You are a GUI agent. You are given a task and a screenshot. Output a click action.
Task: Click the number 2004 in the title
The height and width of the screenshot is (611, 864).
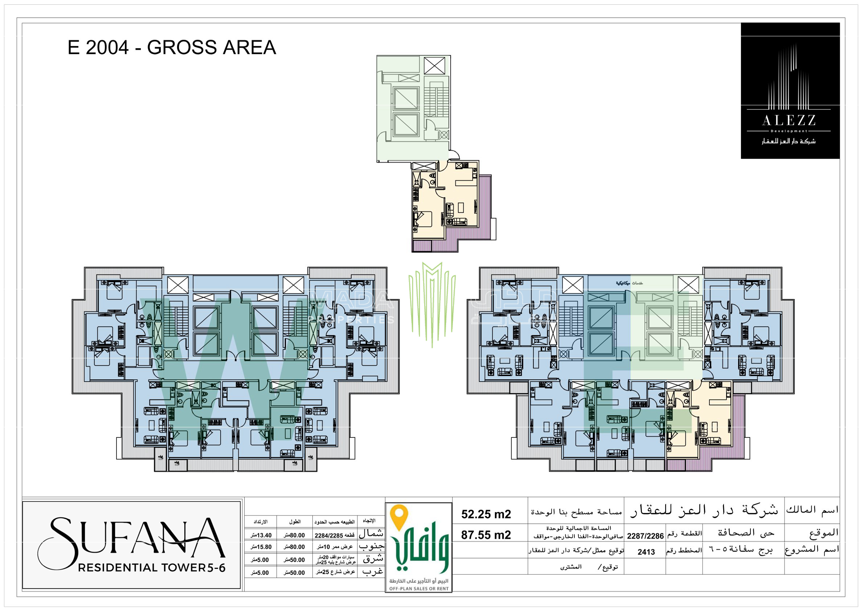(x=107, y=48)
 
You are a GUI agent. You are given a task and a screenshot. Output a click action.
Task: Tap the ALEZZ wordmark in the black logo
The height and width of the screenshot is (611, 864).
(x=789, y=121)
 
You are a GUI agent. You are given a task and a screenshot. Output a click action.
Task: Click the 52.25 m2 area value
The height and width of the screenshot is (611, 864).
(x=486, y=514)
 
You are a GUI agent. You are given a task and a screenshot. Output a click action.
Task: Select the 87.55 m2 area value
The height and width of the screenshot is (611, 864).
(x=486, y=535)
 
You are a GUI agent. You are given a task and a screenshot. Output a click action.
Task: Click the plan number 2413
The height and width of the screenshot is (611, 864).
(x=646, y=552)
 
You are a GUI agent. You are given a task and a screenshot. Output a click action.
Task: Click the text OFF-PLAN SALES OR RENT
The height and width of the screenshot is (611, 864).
(x=418, y=589)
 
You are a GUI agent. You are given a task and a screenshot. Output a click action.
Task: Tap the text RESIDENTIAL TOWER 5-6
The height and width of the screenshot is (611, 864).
(x=151, y=568)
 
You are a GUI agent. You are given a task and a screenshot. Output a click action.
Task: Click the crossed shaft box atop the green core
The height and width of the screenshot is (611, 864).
(x=434, y=66)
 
